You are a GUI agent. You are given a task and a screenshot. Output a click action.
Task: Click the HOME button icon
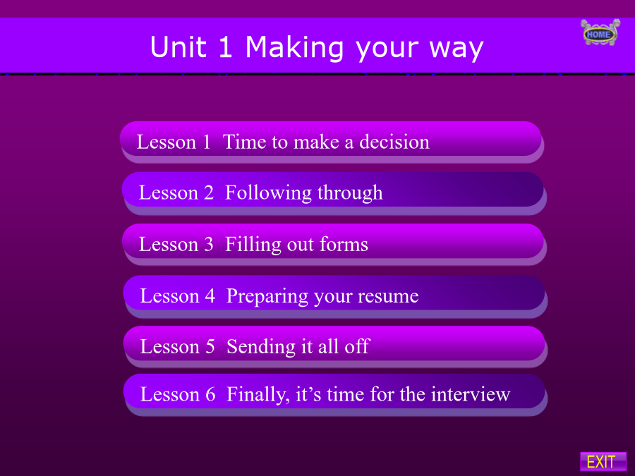(x=600, y=32)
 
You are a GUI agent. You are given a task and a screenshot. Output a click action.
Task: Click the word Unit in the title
(x=179, y=47)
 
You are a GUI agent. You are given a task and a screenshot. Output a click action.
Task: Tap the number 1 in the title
(x=225, y=47)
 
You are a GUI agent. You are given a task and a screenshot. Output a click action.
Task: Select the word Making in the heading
(x=295, y=48)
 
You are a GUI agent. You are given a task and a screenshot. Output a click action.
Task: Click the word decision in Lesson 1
(x=394, y=142)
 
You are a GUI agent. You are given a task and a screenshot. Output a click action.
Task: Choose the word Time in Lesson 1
(x=245, y=142)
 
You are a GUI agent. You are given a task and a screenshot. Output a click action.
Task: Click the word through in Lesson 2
(x=350, y=193)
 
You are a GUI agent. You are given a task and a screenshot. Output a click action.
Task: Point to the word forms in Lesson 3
(x=344, y=245)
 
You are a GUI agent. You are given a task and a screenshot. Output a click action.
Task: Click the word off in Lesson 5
(x=356, y=346)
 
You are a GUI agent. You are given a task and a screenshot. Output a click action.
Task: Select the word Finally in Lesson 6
(x=258, y=395)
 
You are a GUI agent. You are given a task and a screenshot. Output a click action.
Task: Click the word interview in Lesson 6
(x=471, y=394)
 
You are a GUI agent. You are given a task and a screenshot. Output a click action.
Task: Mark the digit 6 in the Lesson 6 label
(x=210, y=394)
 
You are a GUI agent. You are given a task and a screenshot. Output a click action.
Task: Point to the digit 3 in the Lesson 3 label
(x=209, y=245)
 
